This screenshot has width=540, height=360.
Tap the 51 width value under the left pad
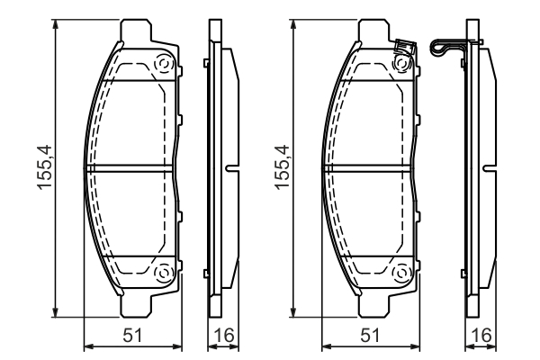(132, 337)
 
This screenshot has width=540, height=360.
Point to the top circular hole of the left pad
(164, 65)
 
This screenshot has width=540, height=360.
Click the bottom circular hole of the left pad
(164, 273)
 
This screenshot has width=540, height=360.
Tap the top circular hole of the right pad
(403, 65)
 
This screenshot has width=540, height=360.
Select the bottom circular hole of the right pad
(403, 273)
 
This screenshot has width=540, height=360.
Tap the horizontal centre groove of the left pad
(130, 168)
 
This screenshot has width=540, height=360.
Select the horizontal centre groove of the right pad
(369, 168)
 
